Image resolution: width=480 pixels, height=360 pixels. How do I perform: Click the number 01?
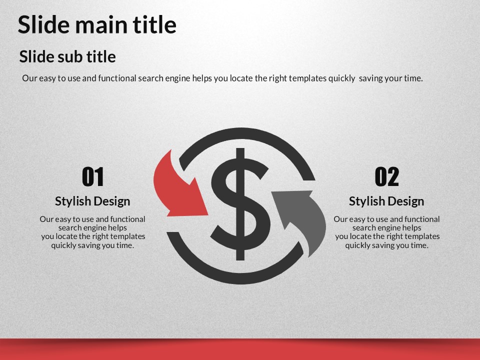(93, 176)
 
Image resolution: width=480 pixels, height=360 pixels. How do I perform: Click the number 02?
(387, 176)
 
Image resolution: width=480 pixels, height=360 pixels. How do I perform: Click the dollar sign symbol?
(240, 204)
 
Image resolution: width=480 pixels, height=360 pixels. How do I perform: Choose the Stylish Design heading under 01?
(93, 201)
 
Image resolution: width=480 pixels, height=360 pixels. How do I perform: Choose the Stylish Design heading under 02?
(386, 201)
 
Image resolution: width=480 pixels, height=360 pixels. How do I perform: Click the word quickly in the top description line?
(341, 78)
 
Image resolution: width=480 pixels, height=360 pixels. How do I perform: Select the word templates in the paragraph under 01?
(127, 236)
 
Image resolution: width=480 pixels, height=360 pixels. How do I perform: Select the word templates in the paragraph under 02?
(422, 236)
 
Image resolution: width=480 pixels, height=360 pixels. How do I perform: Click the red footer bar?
(240, 349)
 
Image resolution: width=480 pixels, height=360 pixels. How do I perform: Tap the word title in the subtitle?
(101, 56)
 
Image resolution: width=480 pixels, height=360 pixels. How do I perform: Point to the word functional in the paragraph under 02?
(422, 219)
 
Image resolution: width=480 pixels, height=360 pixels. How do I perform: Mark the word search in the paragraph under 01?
(69, 228)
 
